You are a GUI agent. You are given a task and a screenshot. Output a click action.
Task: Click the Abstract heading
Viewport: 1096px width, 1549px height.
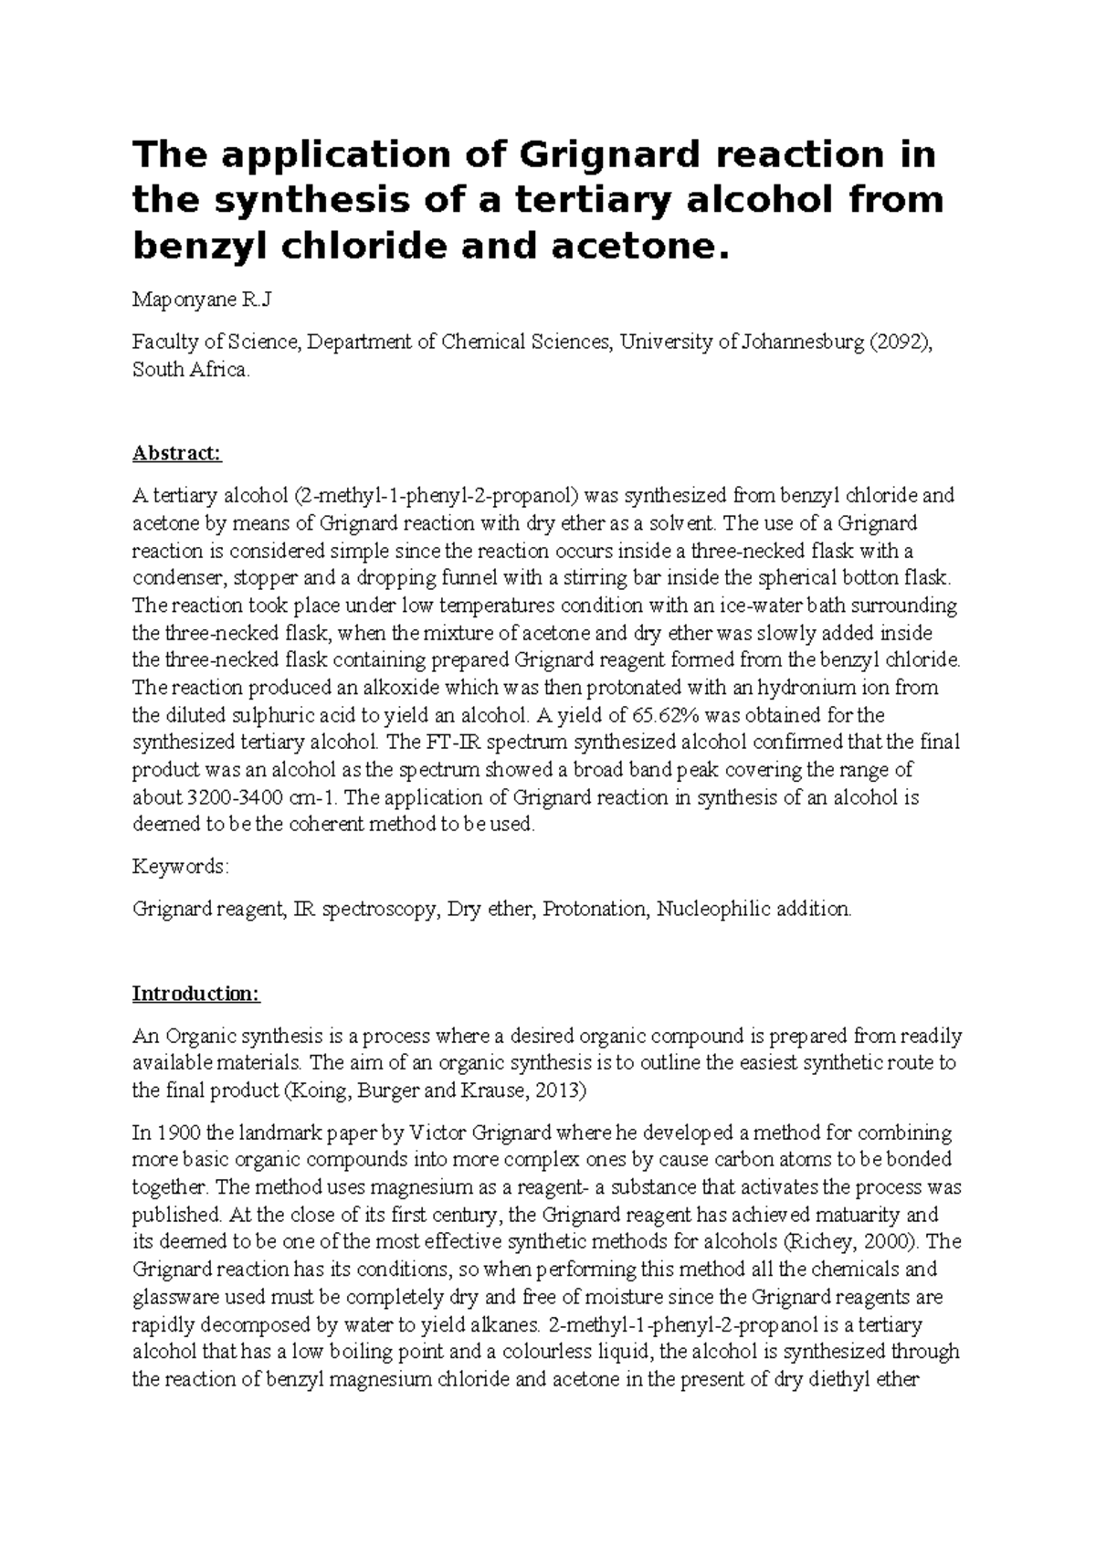177,453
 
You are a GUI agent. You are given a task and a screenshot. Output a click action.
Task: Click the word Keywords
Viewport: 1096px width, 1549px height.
180,866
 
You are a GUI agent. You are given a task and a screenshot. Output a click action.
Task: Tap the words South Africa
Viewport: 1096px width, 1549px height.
189,371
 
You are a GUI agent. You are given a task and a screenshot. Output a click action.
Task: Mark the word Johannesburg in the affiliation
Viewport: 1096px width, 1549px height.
805,342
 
